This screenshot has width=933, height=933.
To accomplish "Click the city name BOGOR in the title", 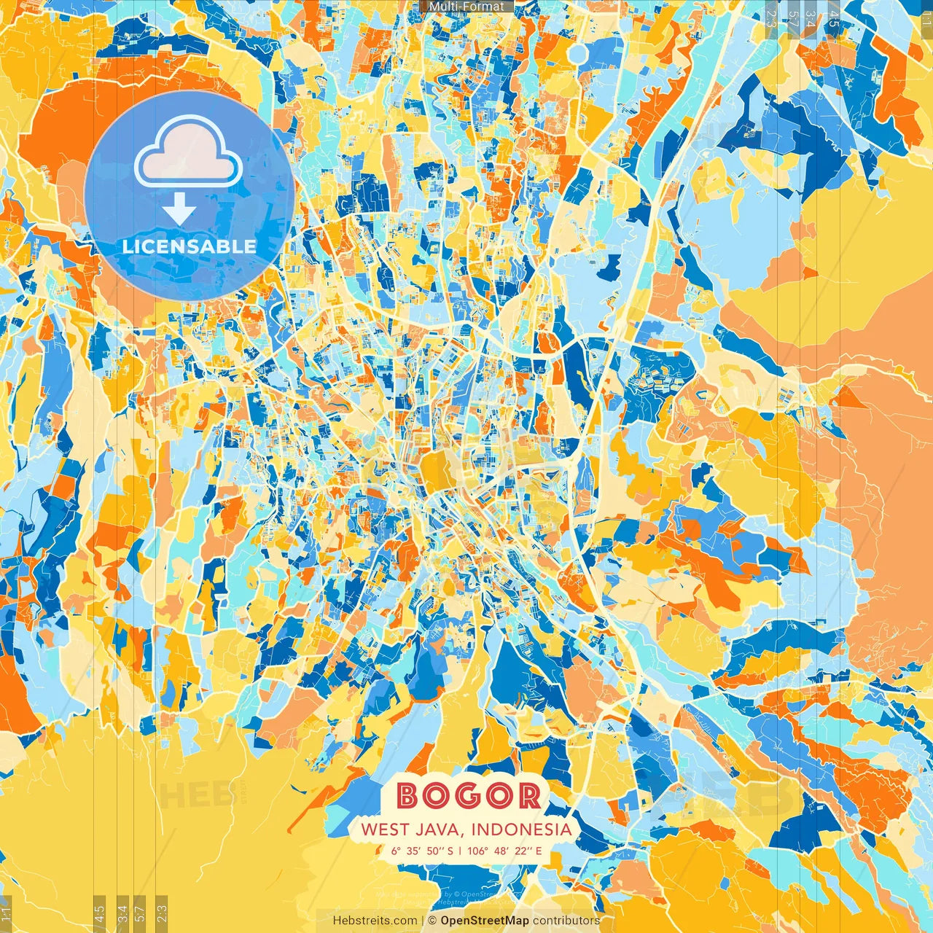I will (x=469, y=795).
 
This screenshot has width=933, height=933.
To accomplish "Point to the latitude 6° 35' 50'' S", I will (x=421, y=850).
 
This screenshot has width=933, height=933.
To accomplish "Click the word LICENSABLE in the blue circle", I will (x=190, y=246).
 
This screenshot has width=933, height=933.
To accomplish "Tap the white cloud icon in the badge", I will (x=189, y=152).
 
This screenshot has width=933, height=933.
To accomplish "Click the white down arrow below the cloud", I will (x=179, y=212).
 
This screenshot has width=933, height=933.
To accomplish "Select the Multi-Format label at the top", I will (x=466, y=7).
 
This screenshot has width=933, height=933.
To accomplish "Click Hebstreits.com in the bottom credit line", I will (x=375, y=921).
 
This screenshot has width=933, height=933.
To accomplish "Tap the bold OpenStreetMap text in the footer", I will (x=485, y=921).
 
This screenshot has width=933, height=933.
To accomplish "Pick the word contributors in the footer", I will (x=566, y=921).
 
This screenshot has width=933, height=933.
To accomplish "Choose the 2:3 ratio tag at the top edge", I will (x=771, y=19).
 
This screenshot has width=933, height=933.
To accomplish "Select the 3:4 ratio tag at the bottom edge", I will (x=122, y=912).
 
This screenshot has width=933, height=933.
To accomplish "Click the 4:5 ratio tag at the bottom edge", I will (x=99, y=912).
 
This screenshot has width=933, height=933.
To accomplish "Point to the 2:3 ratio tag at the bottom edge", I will (x=162, y=912).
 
